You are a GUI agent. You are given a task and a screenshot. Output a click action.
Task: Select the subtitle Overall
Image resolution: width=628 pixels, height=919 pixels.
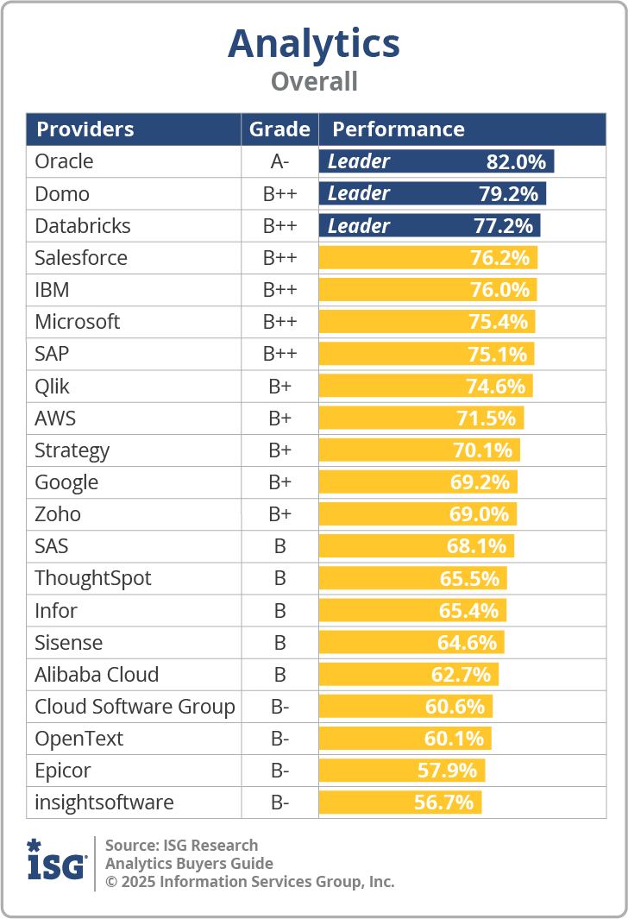[x=314, y=82]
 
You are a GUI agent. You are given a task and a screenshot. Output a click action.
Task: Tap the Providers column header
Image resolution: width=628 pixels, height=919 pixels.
[x=85, y=129]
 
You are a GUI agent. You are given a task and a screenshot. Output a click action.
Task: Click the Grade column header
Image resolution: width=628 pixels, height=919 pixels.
[x=279, y=129]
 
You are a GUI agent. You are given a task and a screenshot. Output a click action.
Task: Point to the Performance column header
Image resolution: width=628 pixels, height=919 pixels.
[x=399, y=129]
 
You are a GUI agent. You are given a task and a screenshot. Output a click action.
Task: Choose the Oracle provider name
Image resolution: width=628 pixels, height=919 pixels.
[x=64, y=161]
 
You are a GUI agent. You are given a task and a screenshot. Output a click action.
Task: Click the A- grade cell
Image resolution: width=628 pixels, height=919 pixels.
[x=279, y=161]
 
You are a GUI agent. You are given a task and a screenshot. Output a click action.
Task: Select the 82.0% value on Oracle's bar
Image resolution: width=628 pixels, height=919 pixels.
[x=517, y=161]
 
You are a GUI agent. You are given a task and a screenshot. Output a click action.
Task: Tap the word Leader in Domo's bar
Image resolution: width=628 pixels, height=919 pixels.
[x=359, y=193]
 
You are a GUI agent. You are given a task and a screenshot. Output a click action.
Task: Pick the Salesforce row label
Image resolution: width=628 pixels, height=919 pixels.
[x=81, y=258]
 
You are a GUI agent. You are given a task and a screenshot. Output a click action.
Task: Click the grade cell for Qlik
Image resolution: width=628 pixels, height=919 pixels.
[x=279, y=386]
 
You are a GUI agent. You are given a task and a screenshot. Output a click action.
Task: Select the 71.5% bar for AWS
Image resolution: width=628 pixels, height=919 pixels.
[x=421, y=419]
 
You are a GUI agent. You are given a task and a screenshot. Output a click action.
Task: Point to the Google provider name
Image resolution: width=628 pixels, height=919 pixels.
[x=66, y=482]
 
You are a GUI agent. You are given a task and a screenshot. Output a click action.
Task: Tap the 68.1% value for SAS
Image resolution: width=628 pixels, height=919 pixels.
[x=476, y=546]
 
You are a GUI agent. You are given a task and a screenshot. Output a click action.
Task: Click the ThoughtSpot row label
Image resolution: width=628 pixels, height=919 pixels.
[x=93, y=578]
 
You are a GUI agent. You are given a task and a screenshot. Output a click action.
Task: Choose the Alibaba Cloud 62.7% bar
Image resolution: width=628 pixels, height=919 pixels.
[x=409, y=675]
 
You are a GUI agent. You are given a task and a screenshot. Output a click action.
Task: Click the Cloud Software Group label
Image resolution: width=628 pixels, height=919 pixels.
[x=135, y=707]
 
